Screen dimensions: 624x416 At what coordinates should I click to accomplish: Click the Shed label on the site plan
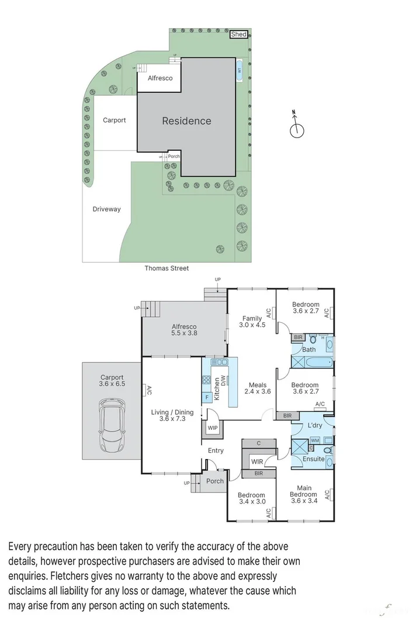238,35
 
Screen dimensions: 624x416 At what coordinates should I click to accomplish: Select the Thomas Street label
167,268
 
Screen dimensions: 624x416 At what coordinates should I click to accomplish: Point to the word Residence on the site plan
186,121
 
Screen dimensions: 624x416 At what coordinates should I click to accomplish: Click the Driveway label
106,209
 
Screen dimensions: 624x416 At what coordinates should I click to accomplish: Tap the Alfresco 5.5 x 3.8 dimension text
183,330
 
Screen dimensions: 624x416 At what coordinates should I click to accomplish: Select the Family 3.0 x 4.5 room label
252,322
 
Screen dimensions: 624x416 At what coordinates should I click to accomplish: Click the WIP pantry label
212,428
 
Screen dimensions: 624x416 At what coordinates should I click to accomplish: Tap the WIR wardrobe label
256,462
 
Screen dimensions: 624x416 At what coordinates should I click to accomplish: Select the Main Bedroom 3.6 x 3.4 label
304,494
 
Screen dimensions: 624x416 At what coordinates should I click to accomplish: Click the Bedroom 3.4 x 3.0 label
252,498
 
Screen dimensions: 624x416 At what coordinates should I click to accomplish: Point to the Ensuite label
313,459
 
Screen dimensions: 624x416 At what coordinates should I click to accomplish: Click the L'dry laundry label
315,426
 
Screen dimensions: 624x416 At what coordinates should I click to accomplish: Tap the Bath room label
308,350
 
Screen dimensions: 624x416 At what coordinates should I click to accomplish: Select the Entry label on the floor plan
216,450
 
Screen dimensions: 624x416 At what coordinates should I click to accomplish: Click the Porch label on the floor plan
215,481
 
